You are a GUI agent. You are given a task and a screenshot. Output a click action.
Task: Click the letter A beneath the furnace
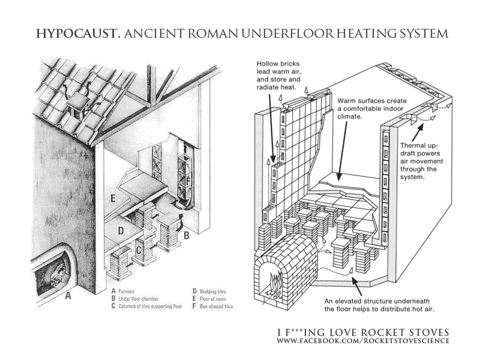68,296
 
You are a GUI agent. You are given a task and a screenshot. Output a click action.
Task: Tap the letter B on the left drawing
186,236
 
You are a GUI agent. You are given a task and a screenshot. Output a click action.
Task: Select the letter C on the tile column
139,251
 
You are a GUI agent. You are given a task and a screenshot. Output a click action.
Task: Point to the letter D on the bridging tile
121,230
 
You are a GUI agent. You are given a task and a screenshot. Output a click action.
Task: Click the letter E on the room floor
113,199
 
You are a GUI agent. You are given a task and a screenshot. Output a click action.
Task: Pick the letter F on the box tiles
188,182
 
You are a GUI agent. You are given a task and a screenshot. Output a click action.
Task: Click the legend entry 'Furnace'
126,292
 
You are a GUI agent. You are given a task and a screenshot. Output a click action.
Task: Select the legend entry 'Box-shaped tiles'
216,306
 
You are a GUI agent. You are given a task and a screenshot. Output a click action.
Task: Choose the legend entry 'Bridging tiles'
213,292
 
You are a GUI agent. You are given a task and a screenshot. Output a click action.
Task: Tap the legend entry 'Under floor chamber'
139,299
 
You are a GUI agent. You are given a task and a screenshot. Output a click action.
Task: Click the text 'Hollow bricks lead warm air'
278,68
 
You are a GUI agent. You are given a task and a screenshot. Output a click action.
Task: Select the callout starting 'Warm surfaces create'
372,109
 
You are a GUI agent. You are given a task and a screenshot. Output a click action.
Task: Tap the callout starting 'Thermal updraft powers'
422,161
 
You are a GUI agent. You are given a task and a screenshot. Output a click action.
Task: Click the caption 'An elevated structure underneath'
377,301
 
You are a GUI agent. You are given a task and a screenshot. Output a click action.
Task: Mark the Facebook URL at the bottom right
363,341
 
